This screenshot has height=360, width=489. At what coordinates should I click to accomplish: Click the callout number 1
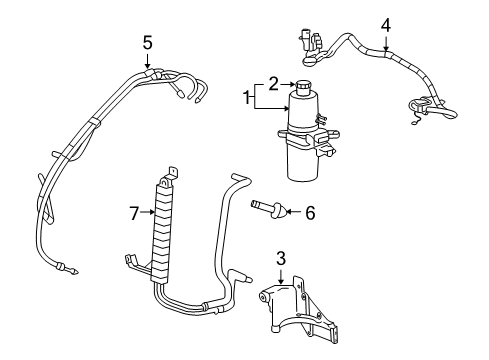coord(245,97)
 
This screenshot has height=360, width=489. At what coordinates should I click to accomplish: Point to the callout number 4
coord(385,24)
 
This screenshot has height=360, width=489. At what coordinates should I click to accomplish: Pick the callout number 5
coord(147,42)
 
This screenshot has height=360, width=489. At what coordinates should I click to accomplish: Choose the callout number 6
coord(309,212)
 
